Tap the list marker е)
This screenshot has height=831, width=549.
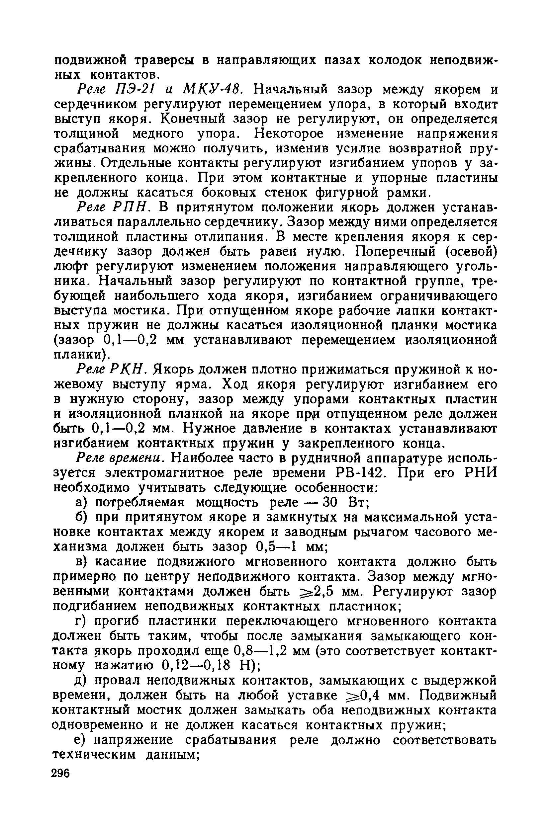tap(80, 740)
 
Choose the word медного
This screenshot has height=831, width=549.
tap(160, 134)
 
